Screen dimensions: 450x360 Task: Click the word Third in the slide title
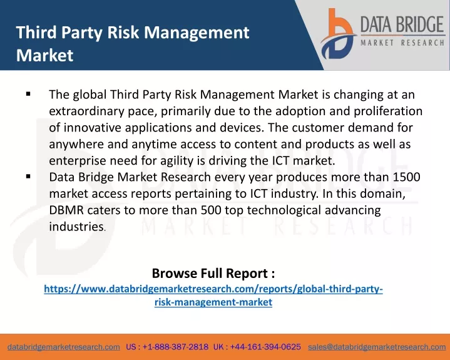[x=36, y=32]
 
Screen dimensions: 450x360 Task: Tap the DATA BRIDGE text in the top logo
[x=402, y=24]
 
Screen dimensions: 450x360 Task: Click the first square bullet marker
[x=28, y=94]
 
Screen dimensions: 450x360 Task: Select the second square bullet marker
[x=28, y=177]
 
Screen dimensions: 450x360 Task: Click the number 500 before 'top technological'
[x=211, y=210]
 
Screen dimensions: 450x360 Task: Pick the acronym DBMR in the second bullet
[x=66, y=210]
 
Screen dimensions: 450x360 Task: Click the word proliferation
[x=388, y=111]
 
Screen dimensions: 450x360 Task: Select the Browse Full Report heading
[x=213, y=273]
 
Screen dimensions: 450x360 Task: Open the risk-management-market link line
[x=213, y=302]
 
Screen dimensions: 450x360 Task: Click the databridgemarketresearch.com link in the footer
[x=64, y=347]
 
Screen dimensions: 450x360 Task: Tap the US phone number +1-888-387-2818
[x=175, y=347]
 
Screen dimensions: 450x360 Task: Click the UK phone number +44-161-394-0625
[x=265, y=347]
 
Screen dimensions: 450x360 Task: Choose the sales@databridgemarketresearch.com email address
[x=377, y=347]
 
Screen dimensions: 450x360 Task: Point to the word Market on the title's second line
[x=45, y=55]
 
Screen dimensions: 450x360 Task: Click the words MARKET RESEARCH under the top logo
[x=402, y=43]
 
